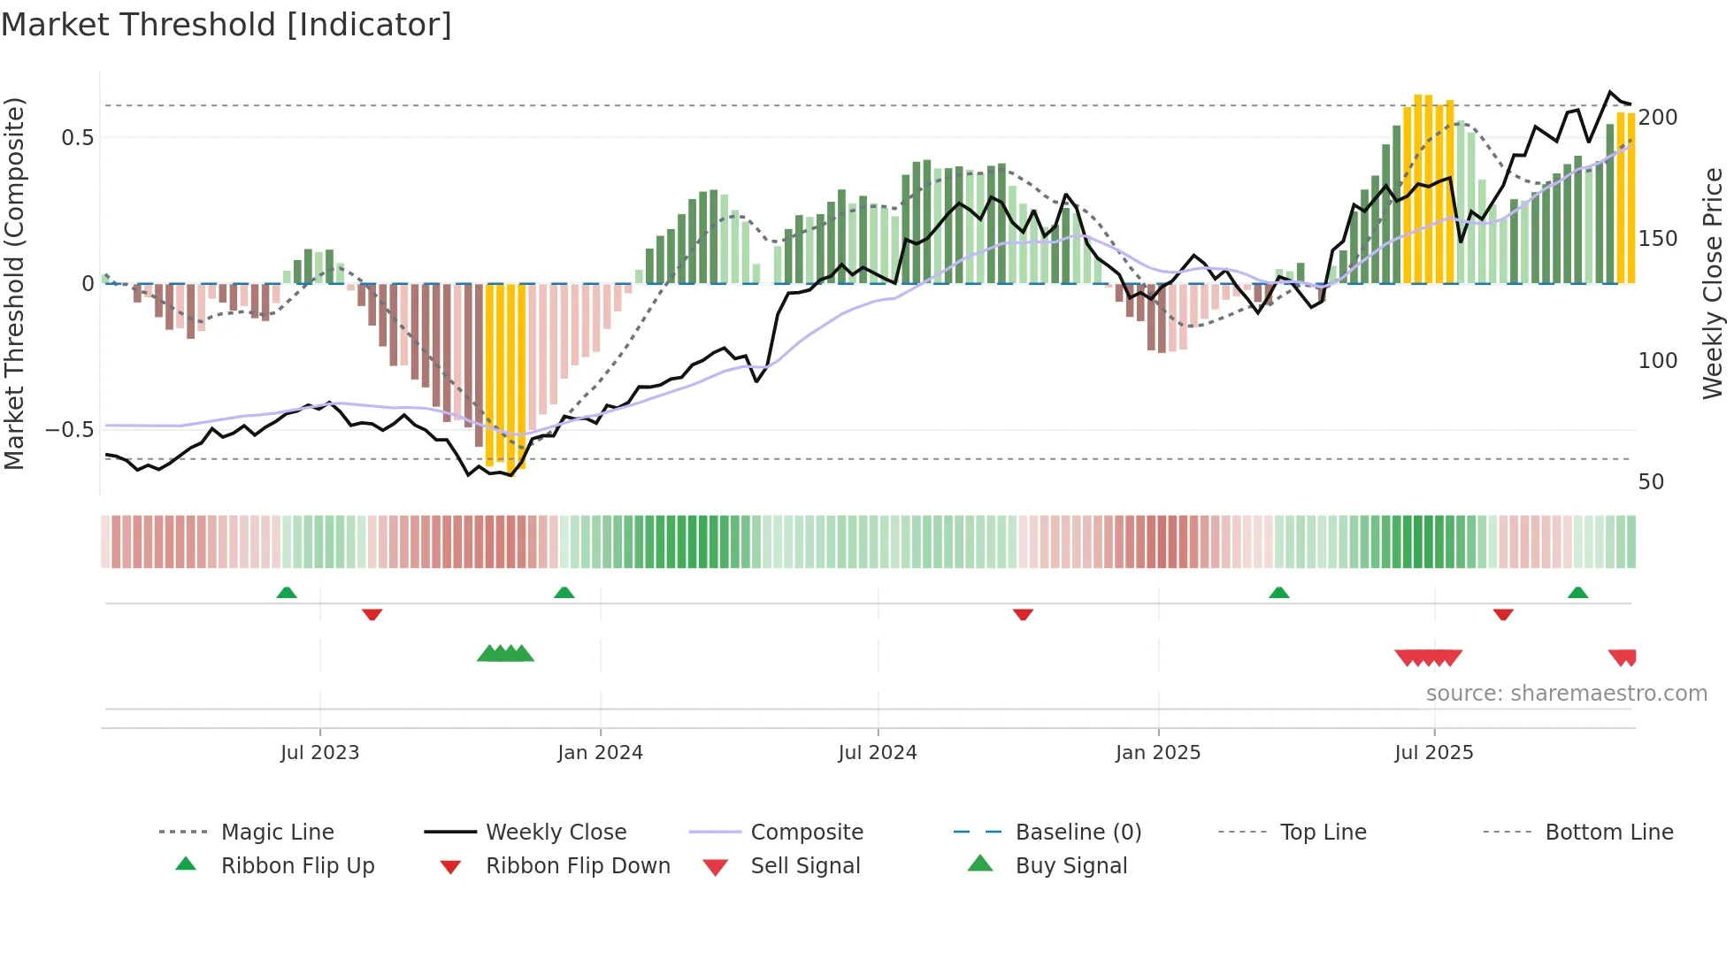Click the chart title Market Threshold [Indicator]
[226, 25]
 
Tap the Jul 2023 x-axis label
[319, 753]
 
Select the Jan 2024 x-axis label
[600, 753]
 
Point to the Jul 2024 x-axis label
[877, 753]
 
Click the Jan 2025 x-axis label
[1157, 753]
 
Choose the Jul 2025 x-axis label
[1433, 753]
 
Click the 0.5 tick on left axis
[77, 138]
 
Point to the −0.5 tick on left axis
[69, 430]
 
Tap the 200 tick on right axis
[1657, 118]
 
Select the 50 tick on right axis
[1651, 482]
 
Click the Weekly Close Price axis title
[1713, 283]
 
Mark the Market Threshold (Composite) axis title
[14, 283]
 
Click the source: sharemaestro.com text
[1566, 694]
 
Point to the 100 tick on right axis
[1657, 361]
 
